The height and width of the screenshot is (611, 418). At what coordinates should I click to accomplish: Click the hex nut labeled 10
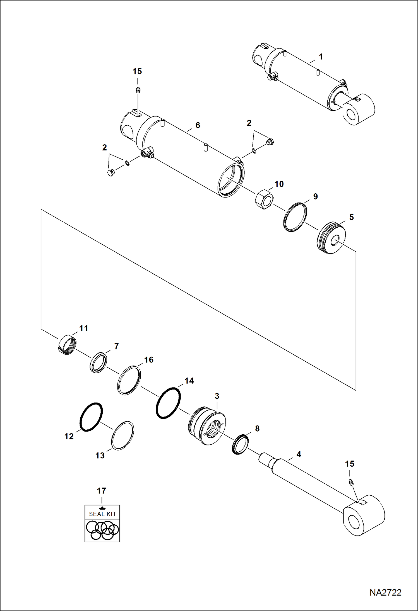(x=264, y=199)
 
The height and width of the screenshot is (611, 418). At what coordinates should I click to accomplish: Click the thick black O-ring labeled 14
(x=168, y=403)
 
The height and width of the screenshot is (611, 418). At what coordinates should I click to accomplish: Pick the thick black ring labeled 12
(x=91, y=417)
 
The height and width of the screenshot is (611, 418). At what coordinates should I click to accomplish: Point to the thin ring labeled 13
(x=122, y=435)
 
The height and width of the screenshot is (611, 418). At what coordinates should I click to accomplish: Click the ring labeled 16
(x=129, y=380)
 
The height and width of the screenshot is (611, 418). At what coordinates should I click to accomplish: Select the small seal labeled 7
(x=98, y=363)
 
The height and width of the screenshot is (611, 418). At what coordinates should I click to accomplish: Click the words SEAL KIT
(x=102, y=514)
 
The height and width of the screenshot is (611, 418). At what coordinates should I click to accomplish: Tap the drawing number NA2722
(x=385, y=592)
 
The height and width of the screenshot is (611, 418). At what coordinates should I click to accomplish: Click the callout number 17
(x=102, y=491)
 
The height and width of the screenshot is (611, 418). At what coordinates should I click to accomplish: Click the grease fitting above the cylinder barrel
(x=137, y=90)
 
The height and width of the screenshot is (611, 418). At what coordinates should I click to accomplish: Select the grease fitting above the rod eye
(x=351, y=482)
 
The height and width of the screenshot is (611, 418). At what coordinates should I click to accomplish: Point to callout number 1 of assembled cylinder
(x=321, y=57)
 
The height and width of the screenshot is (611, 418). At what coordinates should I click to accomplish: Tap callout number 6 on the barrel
(x=198, y=125)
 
